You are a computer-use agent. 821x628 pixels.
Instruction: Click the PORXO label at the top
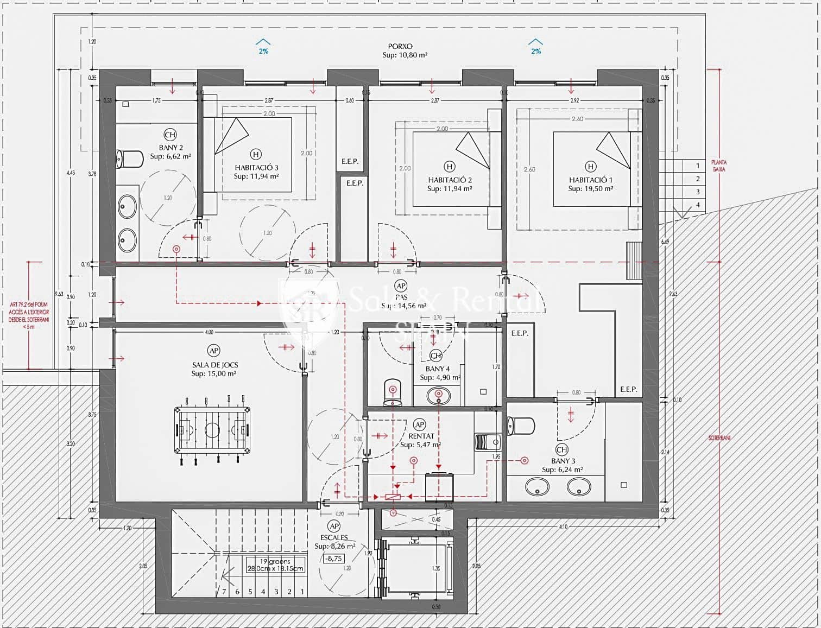400,47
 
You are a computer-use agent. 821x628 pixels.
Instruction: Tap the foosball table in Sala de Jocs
212,430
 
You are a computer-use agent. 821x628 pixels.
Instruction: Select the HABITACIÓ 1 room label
590,180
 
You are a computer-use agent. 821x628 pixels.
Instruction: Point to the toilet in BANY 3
521,426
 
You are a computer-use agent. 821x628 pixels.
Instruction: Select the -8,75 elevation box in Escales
333,558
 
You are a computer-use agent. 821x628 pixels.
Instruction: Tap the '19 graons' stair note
275,561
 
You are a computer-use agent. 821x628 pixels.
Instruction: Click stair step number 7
224,592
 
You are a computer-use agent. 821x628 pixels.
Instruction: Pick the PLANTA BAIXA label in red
719,166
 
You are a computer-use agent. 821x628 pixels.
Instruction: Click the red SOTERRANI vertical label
719,437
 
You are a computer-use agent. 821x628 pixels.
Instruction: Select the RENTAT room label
421,436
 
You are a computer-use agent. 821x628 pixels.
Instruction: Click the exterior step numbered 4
698,205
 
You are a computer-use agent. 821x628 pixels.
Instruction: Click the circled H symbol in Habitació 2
449,166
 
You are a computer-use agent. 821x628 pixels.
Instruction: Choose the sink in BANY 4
438,395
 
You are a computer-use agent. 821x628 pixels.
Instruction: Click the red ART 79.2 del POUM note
29,315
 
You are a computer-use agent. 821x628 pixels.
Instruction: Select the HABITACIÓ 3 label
256,168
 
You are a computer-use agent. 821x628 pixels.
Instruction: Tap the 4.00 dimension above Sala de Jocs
209,332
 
